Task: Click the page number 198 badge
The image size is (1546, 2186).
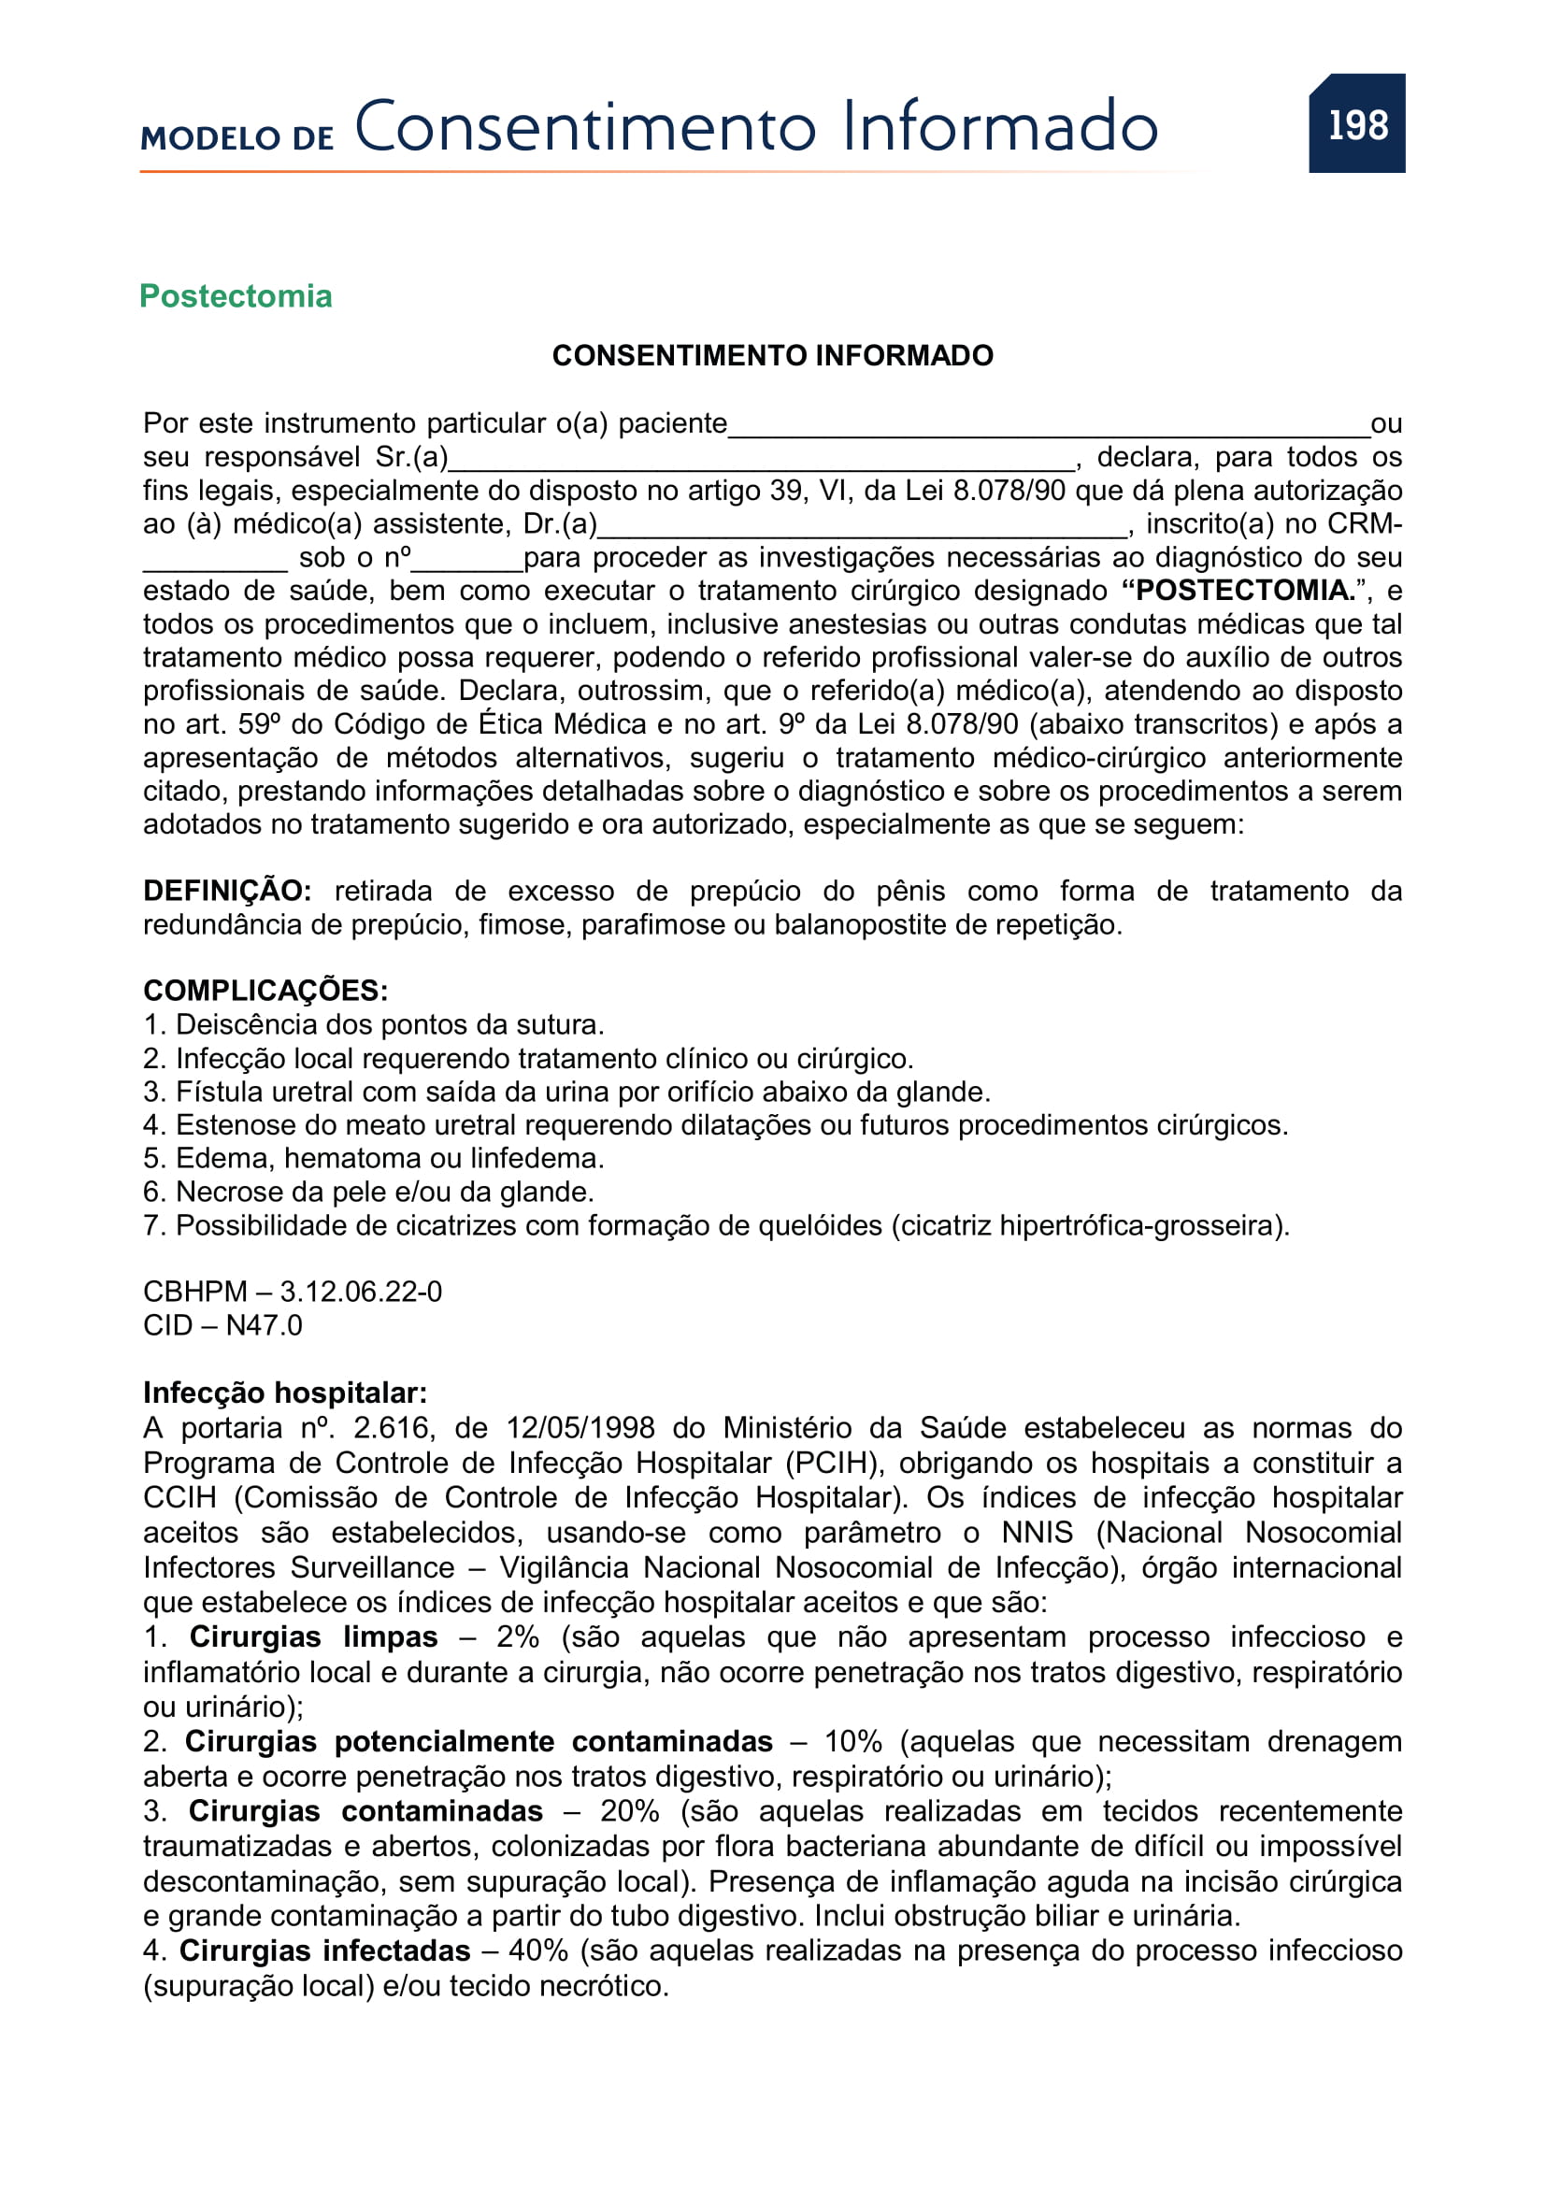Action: tap(1356, 124)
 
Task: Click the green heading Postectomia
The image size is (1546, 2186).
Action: tap(236, 296)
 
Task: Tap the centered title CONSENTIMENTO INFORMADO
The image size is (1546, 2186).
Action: tap(772, 355)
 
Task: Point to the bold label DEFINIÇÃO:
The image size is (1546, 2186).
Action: tap(226, 892)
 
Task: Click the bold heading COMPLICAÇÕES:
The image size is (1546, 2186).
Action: tap(265, 990)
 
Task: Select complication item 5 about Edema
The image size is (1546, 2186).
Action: tap(374, 1159)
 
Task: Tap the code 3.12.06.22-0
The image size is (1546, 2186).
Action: tap(361, 1292)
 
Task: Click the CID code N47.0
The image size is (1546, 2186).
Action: tap(264, 1325)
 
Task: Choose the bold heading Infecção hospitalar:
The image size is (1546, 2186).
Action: tap(285, 1393)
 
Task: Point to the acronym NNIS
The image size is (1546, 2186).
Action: tap(1037, 1533)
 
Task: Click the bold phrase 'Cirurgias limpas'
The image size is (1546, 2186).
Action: tap(313, 1636)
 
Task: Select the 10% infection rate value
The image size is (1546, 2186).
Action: tap(853, 1741)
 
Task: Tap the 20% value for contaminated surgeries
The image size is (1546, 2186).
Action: tap(629, 1811)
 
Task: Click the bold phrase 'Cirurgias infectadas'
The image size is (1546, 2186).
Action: tap(324, 1950)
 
